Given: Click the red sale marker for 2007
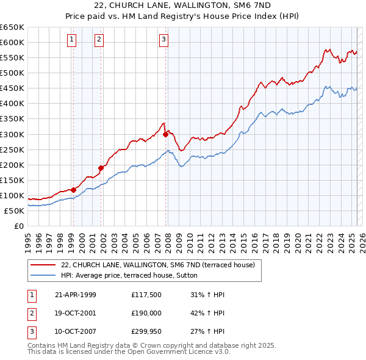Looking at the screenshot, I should (x=165, y=134).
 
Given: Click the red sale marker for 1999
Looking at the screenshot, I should (x=73, y=190).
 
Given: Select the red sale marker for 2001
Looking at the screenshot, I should (x=101, y=168).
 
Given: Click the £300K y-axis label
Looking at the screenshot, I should (x=12, y=134).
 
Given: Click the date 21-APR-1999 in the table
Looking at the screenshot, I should (x=76, y=295).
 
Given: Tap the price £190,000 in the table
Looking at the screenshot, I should (x=146, y=313).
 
